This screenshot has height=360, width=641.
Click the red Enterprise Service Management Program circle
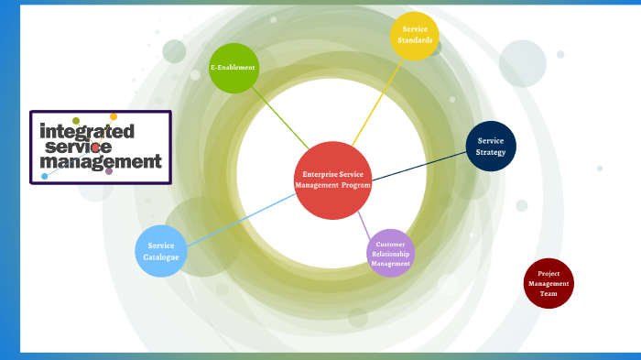point(332,180)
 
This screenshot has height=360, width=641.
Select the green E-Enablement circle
point(233,69)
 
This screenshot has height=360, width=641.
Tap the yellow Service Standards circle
point(414,36)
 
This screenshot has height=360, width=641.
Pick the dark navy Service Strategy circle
point(491,147)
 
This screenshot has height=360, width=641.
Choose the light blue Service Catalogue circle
point(161,251)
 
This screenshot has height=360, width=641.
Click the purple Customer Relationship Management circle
point(391,253)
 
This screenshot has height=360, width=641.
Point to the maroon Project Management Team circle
point(549,283)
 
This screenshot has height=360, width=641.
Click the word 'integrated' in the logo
point(87,131)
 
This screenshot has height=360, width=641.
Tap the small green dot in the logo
point(76,121)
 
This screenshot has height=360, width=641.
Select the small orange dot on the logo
point(114,116)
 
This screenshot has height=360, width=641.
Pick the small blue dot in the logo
point(44,176)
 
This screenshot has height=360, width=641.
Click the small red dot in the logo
point(95,147)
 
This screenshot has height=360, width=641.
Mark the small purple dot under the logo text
point(109,170)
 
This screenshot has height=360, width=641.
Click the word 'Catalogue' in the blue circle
point(161,257)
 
